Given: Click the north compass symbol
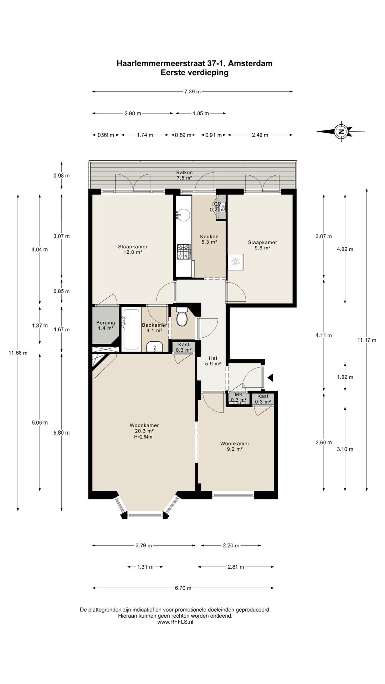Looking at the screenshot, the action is click(341, 132).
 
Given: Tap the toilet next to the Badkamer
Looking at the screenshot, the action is click(182, 316).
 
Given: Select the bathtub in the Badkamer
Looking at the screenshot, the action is click(131, 329).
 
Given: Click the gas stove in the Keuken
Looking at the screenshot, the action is click(184, 251).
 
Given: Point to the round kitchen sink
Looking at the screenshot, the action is click(184, 214).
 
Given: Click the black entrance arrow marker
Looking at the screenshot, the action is click(270, 378).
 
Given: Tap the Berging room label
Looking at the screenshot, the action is click(106, 325).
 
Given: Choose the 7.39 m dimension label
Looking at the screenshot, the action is click(192, 92).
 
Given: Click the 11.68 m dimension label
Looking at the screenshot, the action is click(18, 353).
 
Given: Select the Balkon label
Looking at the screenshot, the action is click(184, 172).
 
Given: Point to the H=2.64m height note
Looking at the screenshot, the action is click(144, 437).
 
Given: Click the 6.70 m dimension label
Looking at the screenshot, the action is click(183, 588).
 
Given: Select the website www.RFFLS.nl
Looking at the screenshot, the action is click(175, 622).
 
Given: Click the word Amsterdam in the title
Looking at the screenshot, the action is click(250, 63).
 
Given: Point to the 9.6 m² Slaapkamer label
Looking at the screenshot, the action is click(262, 245).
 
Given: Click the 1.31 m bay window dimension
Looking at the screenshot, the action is click(145, 567).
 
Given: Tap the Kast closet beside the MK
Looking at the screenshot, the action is click(263, 399).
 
